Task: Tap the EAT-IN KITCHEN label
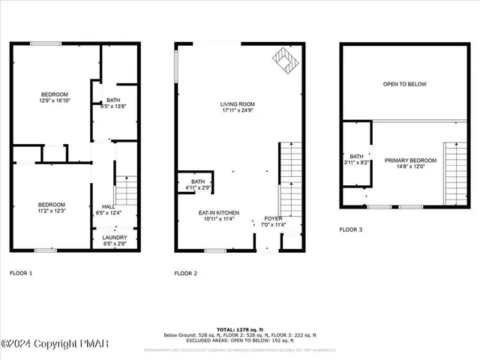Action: [x=219, y=212]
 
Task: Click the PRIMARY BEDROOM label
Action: [x=411, y=160]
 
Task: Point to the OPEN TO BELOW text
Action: [x=405, y=84]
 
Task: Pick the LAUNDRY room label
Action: [x=115, y=238]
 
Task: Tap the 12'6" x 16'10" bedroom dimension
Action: [x=54, y=100]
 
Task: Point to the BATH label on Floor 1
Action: [x=113, y=100]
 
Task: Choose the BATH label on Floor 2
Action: [x=198, y=181]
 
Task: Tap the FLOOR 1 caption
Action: [x=20, y=273]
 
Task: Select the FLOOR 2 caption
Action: [x=185, y=273]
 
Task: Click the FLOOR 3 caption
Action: [x=351, y=229]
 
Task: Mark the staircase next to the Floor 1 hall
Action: [x=127, y=190]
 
